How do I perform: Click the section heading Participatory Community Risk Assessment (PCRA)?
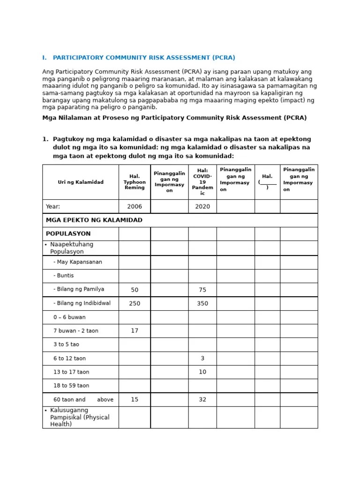click(144, 58)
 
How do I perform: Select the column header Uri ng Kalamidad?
click(81, 182)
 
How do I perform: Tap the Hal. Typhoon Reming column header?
click(135, 182)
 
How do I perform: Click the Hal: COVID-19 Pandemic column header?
click(202, 182)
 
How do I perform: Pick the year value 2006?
click(135, 206)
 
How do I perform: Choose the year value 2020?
click(202, 206)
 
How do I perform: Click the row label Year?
click(53, 206)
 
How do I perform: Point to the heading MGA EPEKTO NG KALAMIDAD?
click(94, 220)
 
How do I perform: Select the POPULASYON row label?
click(68, 233)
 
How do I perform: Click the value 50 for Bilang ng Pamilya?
click(135, 290)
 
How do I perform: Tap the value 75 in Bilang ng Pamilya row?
click(202, 290)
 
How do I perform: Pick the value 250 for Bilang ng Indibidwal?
click(135, 303)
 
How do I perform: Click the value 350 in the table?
click(202, 303)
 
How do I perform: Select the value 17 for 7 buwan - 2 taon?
click(135, 330)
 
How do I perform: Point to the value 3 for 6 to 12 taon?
click(202, 358)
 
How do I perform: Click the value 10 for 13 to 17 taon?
click(202, 372)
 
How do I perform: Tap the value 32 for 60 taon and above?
click(202, 399)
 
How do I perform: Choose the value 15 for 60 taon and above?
click(135, 399)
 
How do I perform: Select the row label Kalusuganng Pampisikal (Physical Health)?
click(79, 417)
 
